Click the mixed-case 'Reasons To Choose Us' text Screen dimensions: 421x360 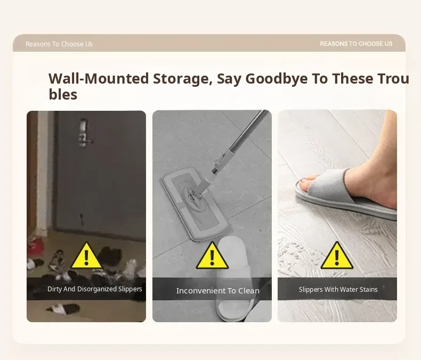tap(59, 44)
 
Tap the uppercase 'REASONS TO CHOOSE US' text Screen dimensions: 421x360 tap(356, 44)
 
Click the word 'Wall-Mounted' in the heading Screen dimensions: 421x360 tap(99, 79)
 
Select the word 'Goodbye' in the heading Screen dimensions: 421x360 tap(276, 79)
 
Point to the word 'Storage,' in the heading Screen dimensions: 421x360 tap(183, 79)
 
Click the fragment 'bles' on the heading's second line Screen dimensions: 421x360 tap(63, 94)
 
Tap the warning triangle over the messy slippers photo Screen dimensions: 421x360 tap(86, 256)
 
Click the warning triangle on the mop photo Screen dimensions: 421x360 tap(212, 256)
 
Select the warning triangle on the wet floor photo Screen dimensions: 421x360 tap(337, 256)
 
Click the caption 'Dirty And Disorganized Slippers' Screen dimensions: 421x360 tap(95, 289)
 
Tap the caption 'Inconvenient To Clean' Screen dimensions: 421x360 tap(218, 291)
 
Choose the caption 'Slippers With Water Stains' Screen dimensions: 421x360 tap(338, 290)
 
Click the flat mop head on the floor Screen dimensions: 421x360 tap(195, 204)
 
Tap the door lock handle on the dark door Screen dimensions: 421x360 tap(85, 133)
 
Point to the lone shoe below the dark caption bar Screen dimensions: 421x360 tap(63, 308)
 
